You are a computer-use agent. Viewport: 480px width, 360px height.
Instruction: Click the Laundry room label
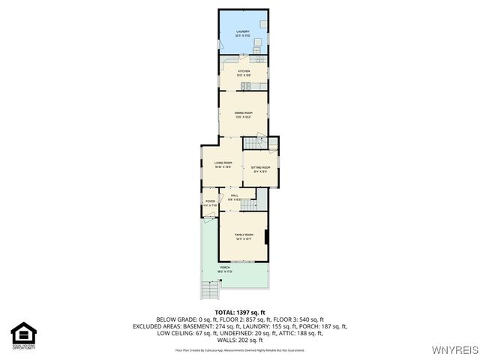pyautogui.click(x=242, y=33)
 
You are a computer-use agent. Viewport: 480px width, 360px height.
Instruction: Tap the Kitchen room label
pyautogui.click(x=244, y=72)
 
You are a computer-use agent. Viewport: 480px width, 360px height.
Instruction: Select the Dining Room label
pyautogui.click(x=243, y=114)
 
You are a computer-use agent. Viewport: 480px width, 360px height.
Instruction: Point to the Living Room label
pyautogui.click(x=223, y=164)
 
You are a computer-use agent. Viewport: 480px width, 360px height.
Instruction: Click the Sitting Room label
pyautogui.click(x=260, y=169)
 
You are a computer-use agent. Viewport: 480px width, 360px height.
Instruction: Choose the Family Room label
pyautogui.click(x=244, y=236)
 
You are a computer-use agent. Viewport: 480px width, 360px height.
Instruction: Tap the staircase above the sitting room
pyautogui.click(x=250, y=142)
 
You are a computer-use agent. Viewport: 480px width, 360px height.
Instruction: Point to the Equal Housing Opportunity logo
pyautogui.click(x=23, y=335)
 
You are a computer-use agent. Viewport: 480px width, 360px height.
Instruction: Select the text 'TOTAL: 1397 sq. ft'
pyautogui.click(x=240, y=312)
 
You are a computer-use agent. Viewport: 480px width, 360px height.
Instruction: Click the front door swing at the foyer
pyautogui.click(x=206, y=217)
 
